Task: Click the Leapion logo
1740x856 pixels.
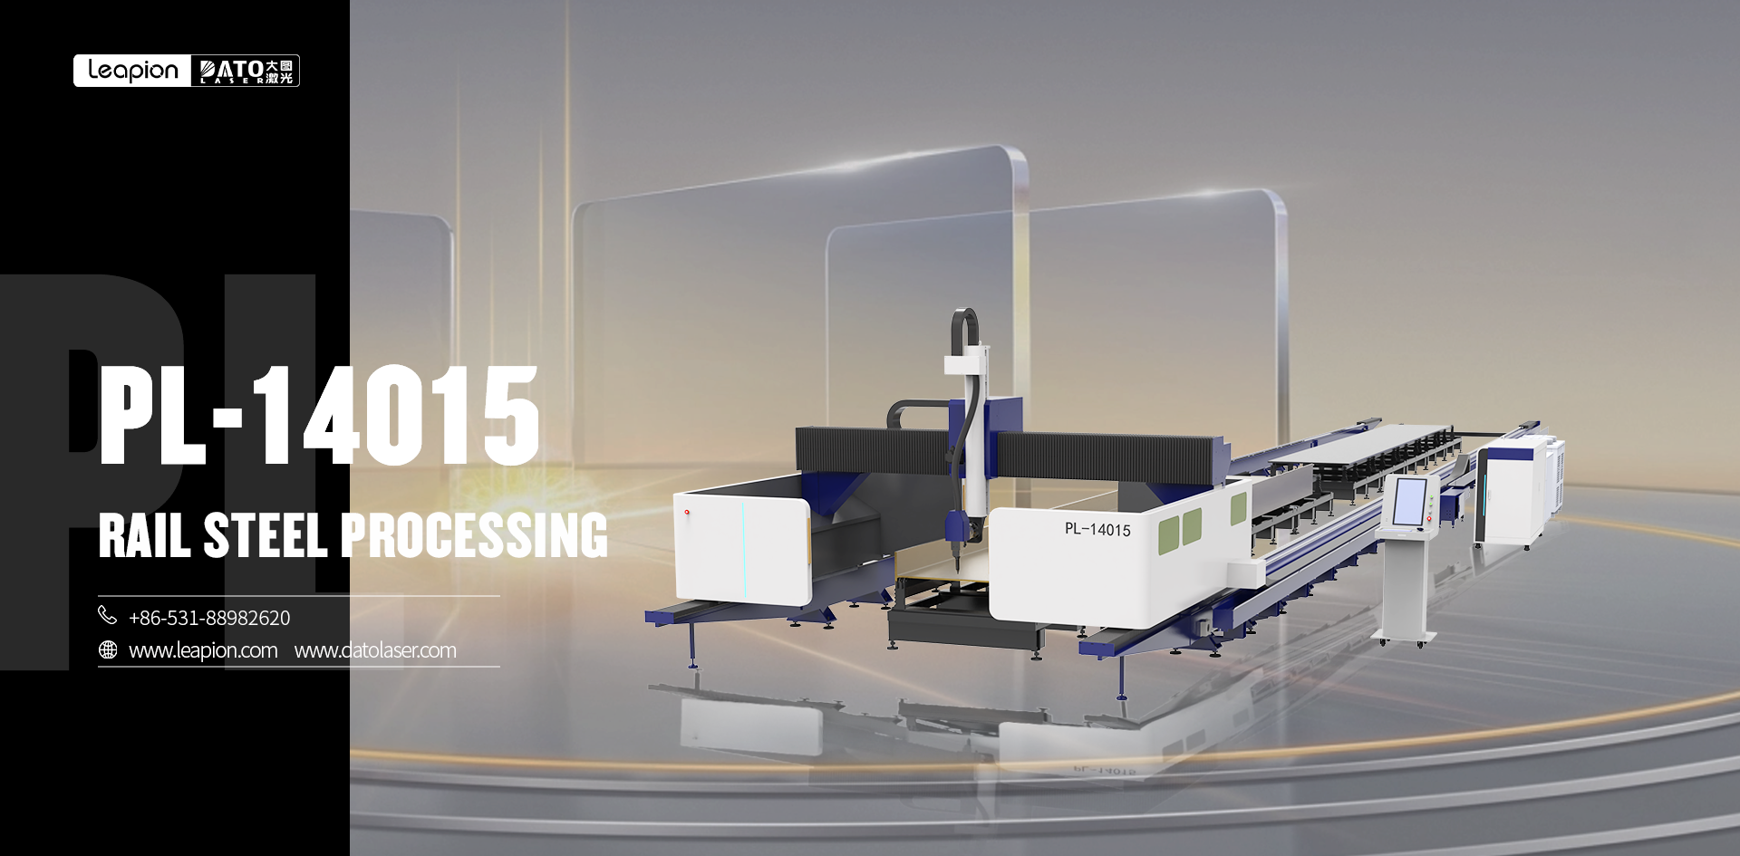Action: click(132, 71)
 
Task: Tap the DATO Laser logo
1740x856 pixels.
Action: click(246, 71)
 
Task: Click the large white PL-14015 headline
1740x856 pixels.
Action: click(319, 416)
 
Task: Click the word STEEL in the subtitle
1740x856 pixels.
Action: click(266, 535)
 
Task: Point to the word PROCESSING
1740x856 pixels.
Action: click(474, 535)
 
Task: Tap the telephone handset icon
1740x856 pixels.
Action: click(107, 616)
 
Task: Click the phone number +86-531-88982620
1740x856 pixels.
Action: click(209, 618)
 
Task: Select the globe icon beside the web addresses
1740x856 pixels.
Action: click(108, 650)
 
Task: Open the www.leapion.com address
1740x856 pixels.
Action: click(203, 650)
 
